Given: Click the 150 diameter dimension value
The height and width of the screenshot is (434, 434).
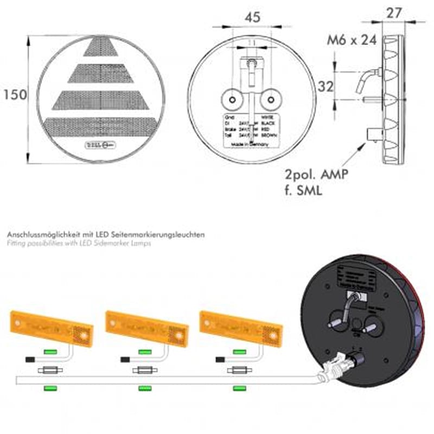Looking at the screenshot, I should (x=15, y=94).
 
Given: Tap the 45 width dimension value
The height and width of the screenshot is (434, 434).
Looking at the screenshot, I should (x=252, y=17).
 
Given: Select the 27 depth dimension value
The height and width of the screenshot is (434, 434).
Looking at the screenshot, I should (x=394, y=12).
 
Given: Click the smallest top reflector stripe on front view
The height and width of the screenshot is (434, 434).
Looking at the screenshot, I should (x=100, y=48).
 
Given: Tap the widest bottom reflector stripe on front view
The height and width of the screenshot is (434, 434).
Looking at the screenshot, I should (x=101, y=127).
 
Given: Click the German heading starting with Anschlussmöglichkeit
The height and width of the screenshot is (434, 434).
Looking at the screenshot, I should (x=106, y=234).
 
